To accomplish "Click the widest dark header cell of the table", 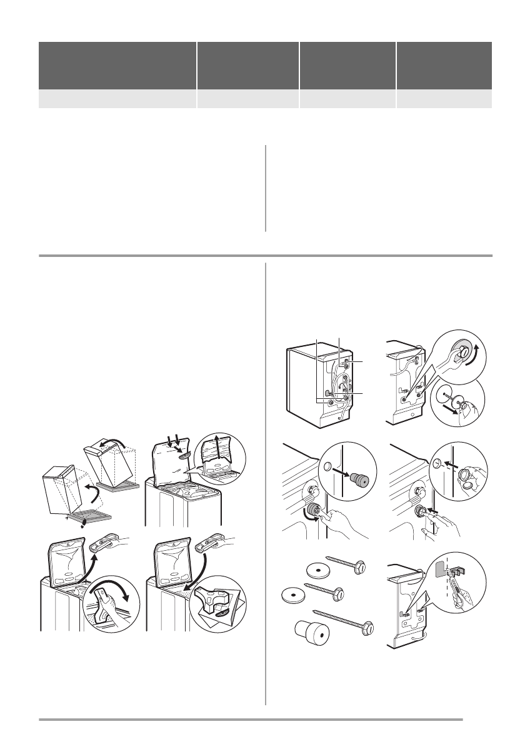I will tap(117, 66).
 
